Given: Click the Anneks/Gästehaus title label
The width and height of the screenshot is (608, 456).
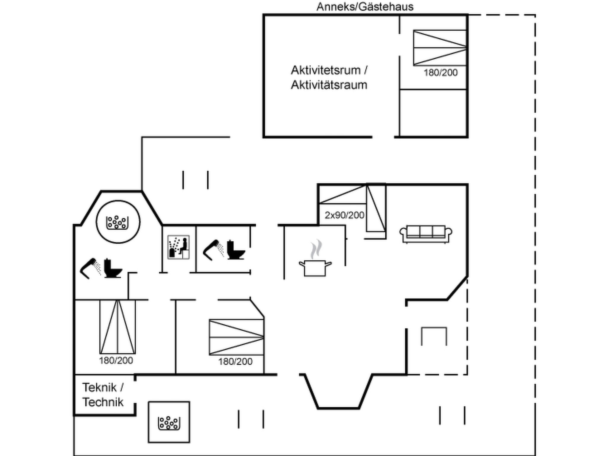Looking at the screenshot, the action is pos(365,7).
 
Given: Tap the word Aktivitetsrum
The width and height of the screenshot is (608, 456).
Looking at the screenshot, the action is pos(326,70).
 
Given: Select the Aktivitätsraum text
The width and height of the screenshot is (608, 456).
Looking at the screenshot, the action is pos(329,85).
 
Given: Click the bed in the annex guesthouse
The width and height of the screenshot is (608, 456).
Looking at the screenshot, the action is pos(440,48).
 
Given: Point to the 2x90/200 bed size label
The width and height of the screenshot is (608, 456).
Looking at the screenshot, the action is pos(344,215).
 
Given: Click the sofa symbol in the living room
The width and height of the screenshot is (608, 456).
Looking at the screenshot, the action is pos(426,234).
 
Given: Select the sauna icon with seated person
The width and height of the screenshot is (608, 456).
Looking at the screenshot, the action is pos(178,247).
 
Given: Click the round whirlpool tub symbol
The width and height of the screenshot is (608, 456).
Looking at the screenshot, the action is pos(118,222).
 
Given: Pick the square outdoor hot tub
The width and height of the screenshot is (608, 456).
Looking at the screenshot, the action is pos(169,422).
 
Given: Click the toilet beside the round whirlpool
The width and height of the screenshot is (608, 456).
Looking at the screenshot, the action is pos(113,269).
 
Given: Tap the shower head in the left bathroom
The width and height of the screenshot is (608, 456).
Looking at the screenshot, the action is pos(91,268).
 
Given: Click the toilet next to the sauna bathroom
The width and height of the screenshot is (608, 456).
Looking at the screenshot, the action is pos(236,250).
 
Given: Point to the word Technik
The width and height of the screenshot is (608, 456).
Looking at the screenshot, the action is pos(103,402).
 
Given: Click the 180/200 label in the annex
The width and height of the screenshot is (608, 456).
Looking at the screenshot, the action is pos(441,73).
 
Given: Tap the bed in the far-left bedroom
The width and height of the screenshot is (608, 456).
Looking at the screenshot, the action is pos(118,327).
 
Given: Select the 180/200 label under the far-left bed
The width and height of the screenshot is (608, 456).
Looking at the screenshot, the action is pos(116,361).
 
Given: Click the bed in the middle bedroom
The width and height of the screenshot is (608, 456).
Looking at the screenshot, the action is pos(236,337).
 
